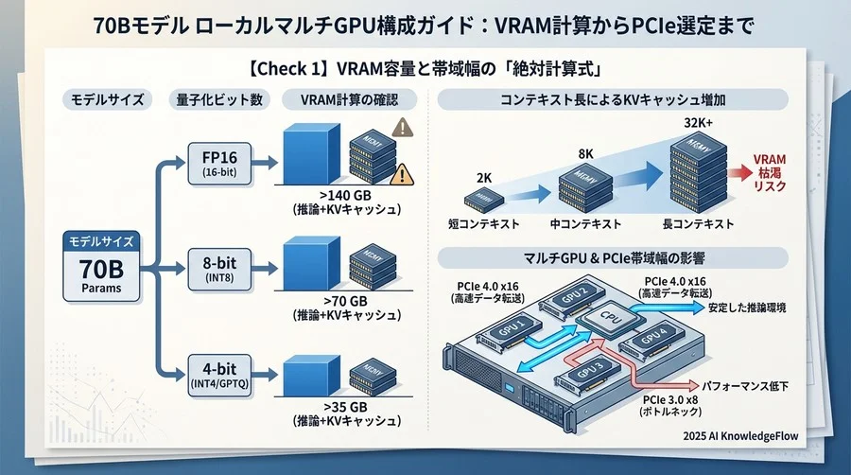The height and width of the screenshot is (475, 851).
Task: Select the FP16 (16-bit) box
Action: [218, 160]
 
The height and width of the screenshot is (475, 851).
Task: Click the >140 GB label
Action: [349, 195]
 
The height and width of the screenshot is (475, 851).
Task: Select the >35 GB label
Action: [349, 408]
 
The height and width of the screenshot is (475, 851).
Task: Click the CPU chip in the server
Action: [604, 321]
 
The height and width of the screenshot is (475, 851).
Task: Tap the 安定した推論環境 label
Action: [747, 308]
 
